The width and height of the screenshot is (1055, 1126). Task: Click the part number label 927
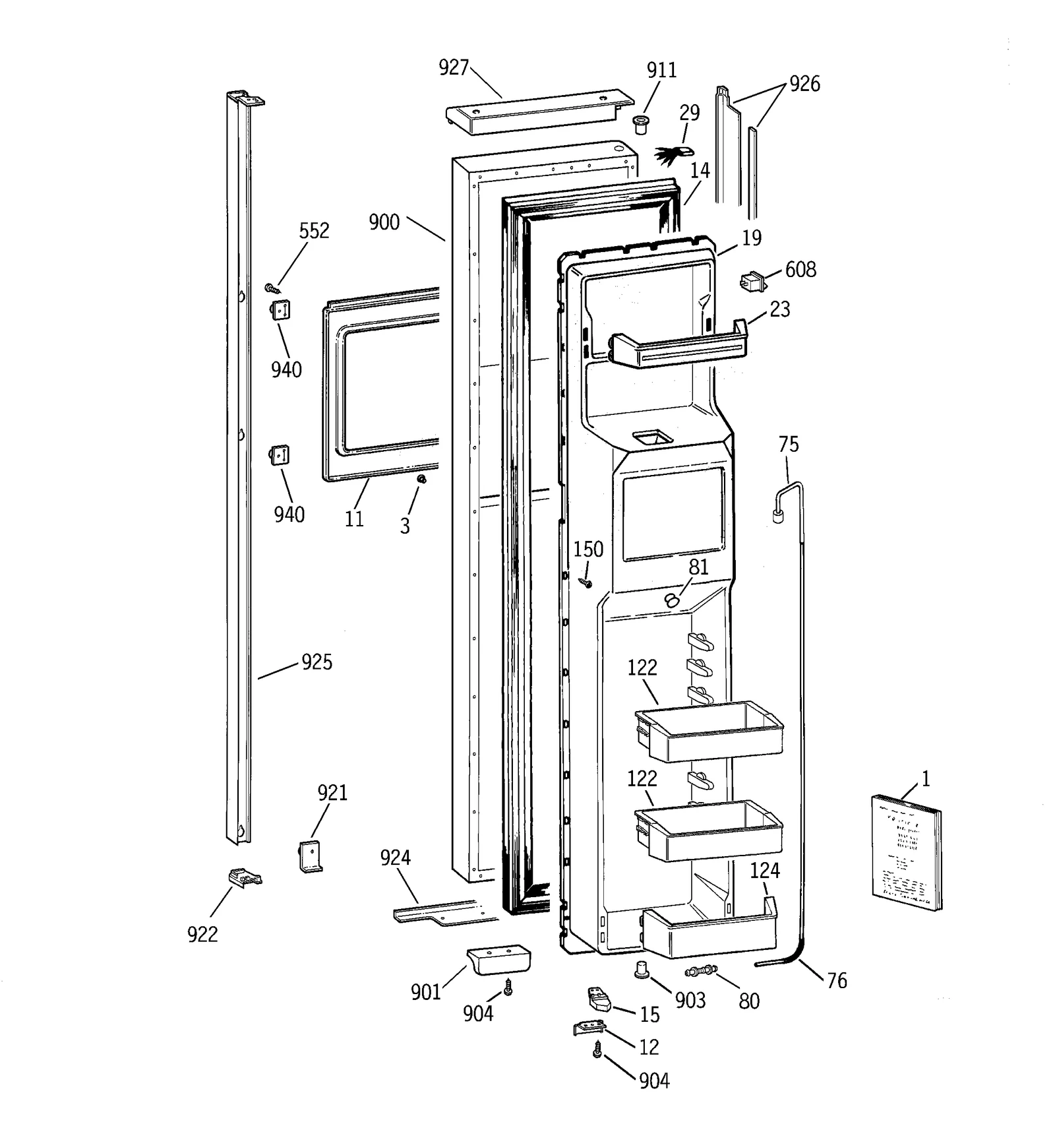[454, 68]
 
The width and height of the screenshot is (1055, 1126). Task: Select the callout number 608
[800, 270]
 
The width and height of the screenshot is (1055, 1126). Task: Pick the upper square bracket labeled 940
[280, 309]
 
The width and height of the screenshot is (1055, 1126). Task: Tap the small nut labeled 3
[421, 479]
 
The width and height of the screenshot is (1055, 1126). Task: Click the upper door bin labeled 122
[709, 731]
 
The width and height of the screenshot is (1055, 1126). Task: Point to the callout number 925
[316, 662]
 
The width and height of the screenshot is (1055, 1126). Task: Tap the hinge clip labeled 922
[244, 878]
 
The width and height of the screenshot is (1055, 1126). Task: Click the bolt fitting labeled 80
[701, 971]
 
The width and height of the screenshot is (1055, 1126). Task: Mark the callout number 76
[837, 981]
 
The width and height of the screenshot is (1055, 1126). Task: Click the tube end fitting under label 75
[778, 516]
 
